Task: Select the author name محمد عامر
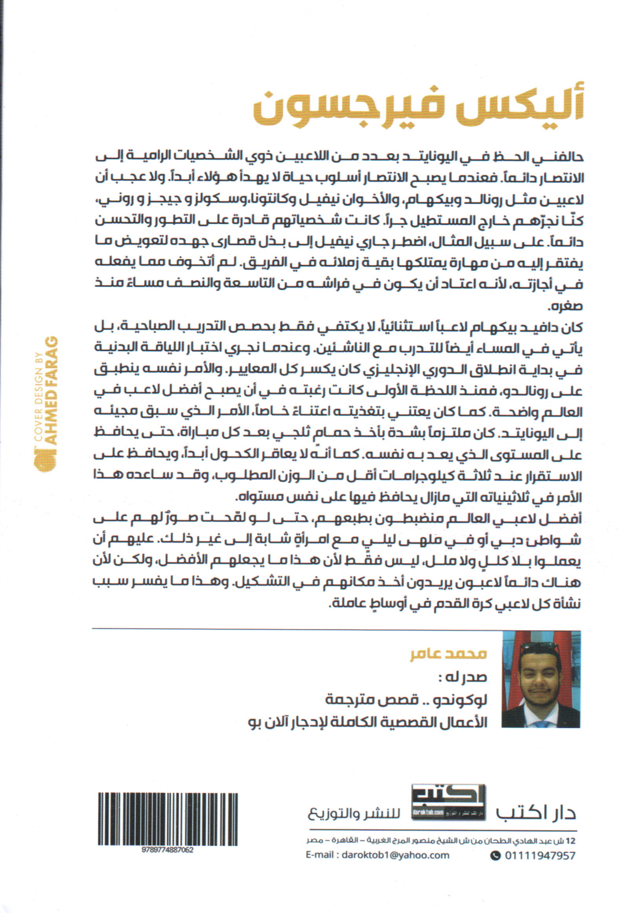tap(449, 654)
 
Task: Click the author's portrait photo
tap(541, 679)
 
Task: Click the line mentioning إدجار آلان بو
tap(368, 722)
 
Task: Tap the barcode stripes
tap(168, 818)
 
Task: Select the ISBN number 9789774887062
tap(168, 850)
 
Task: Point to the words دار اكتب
tap(535, 813)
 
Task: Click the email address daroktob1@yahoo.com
tap(377, 855)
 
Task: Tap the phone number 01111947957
tap(540, 855)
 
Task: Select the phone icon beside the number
tap(495, 855)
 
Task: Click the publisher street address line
tap(440, 840)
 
